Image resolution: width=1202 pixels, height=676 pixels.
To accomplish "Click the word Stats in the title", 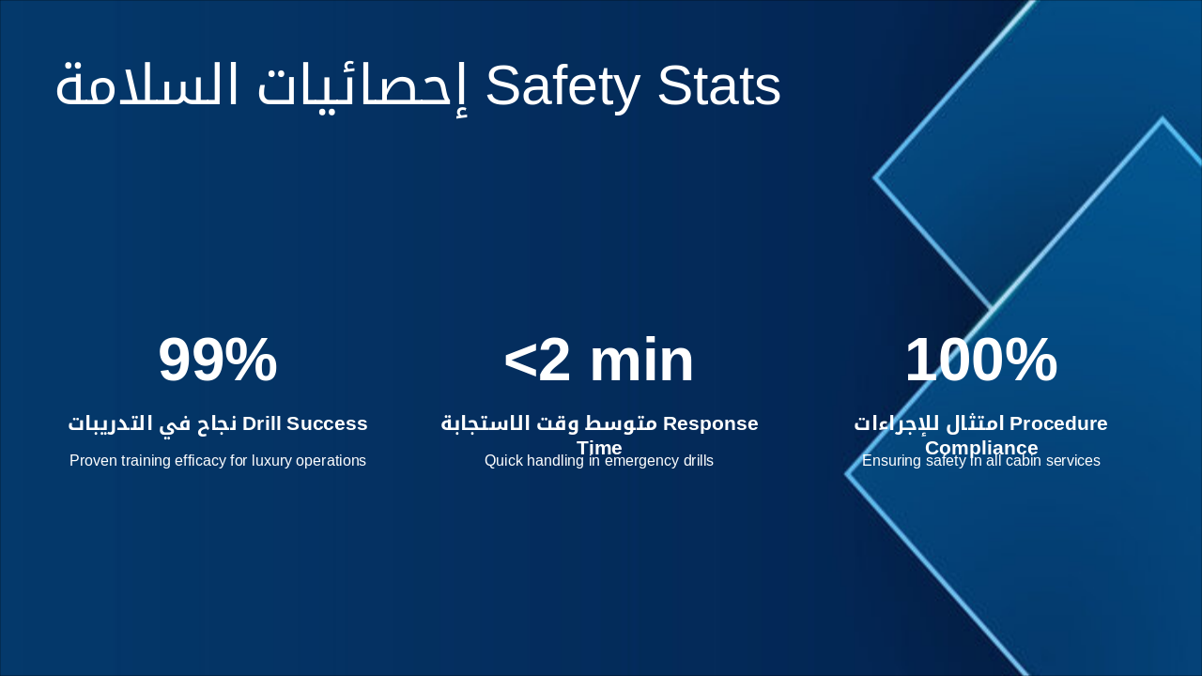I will pyautogui.click(x=719, y=86).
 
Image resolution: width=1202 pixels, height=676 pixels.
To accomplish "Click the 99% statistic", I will pyautogui.click(x=218, y=361).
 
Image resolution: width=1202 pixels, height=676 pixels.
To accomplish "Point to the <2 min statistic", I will pyautogui.click(x=599, y=361).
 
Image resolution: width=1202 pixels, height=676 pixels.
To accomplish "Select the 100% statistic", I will pyautogui.click(x=980, y=361).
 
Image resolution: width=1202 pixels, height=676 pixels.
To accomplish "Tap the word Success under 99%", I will pyautogui.click(x=327, y=423).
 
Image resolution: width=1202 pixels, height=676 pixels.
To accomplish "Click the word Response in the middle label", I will pyautogui.click(x=710, y=423).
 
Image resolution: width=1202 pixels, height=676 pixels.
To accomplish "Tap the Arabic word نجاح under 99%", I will pyautogui.click(x=216, y=423).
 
